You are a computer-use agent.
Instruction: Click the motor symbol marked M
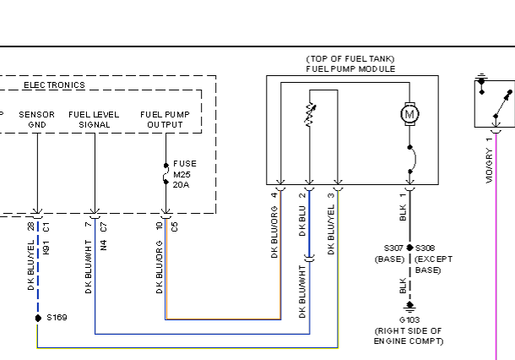409,114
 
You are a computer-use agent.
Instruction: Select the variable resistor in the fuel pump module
310,114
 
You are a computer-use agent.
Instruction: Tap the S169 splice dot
38,318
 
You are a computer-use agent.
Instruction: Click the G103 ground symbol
409,307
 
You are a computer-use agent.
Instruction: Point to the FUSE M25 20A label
185,174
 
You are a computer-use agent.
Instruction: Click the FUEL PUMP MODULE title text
350,69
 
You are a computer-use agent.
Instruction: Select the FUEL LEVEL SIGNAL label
94,120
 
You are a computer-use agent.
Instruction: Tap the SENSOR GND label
37,120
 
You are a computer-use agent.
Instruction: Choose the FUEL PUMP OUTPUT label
165,120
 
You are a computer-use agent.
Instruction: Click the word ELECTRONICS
54,85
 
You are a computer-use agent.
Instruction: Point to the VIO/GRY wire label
489,166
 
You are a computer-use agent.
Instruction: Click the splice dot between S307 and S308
409,248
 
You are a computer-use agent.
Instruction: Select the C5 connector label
175,226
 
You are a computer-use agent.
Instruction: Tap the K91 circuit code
46,248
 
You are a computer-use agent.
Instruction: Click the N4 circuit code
104,245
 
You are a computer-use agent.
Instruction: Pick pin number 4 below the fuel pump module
274,194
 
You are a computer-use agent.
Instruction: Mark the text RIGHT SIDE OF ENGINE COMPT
409,336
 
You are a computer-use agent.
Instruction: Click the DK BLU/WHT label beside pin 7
89,267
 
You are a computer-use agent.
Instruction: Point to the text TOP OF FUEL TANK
350,59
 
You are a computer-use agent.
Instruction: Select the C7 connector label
104,226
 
